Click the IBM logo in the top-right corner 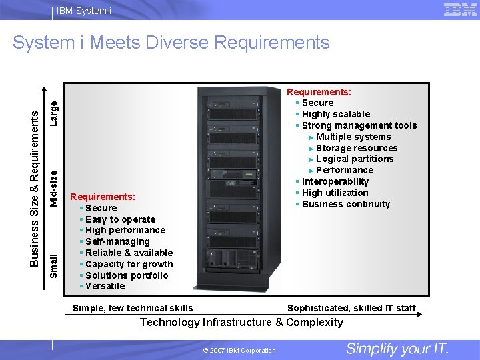point(459,9)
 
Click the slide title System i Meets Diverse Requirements point(171,43)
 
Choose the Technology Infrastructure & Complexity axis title point(241,323)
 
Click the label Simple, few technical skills point(133,308)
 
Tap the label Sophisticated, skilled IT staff point(351,308)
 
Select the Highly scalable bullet point(335,114)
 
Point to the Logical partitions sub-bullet point(355,159)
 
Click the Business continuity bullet point(345,204)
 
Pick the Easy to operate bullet point(120,219)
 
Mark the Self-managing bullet point(117,241)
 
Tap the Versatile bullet point(105,286)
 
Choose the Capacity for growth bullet point(129,264)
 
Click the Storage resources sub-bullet point(357,148)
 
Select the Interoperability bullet point(335,181)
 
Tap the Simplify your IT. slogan point(397,349)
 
